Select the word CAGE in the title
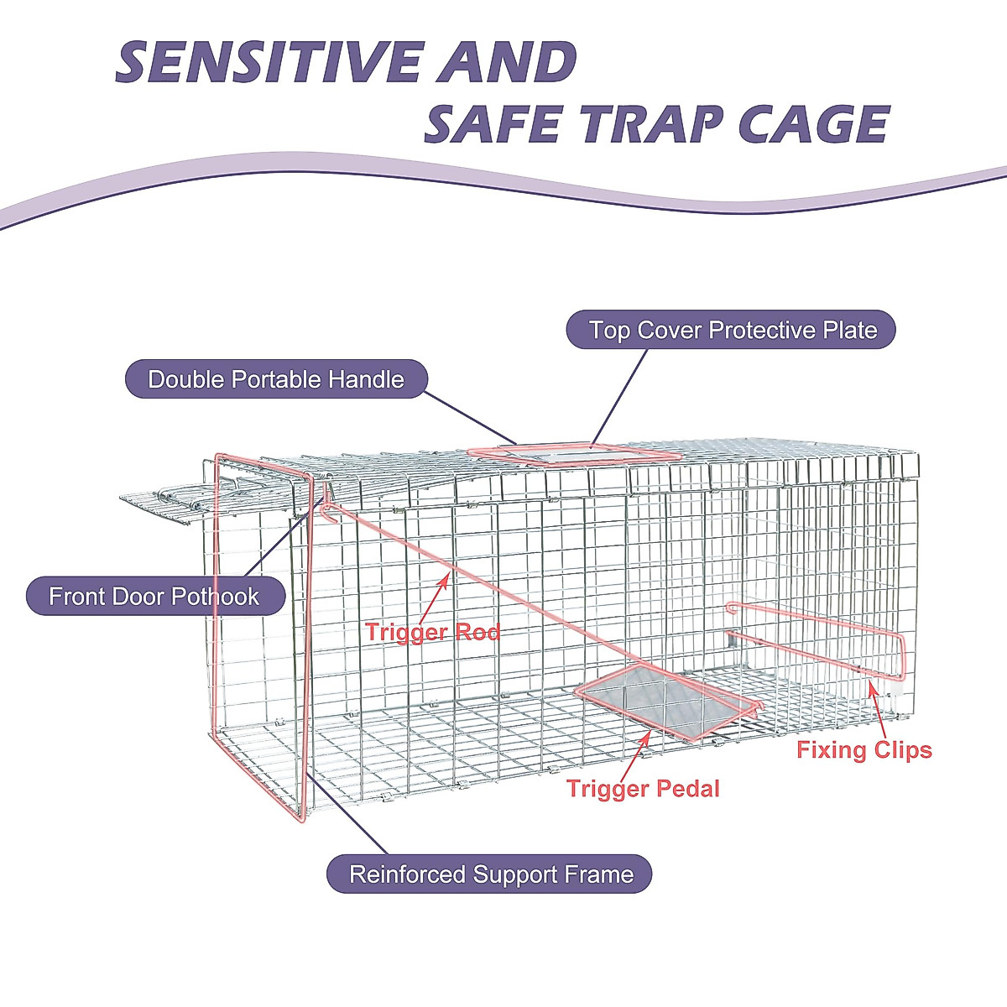[813, 125]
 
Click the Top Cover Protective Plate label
[732, 330]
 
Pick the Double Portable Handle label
[276, 379]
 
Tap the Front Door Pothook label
[154, 597]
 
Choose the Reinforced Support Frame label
[490, 874]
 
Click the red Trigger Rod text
[432, 632]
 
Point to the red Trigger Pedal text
[643, 788]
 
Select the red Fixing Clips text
[864, 749]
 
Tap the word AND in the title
[506, 63]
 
